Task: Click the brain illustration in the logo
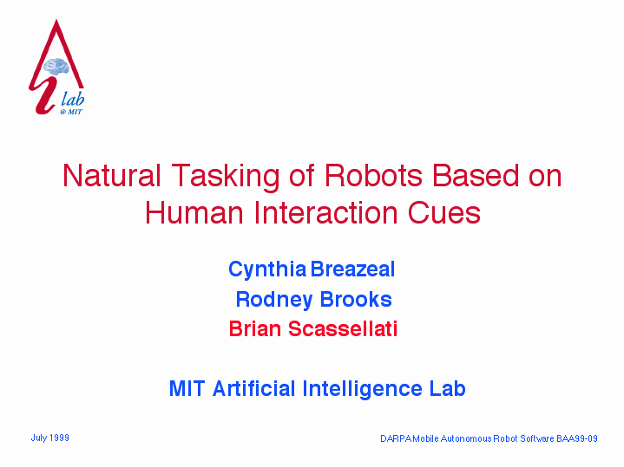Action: point(56,67)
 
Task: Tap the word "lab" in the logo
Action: point(73,98)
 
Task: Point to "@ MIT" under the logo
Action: point(71,112)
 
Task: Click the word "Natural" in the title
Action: point(112,175)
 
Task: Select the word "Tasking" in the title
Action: point(226,176)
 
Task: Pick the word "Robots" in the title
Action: point(373,175)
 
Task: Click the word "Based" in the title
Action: point(476,175)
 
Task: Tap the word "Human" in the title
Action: point(194,212)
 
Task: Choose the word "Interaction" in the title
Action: point(325,212)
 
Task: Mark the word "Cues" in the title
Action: point(444,212)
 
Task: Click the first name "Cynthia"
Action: point(267,270)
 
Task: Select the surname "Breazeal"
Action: point(352,269)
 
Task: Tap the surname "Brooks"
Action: point(356,299)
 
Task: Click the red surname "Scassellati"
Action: point(343,329)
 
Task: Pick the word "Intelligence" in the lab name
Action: point(362,389)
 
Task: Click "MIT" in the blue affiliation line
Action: point(187,388)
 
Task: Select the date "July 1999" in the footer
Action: point(50,438)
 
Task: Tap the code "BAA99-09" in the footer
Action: point(577,438)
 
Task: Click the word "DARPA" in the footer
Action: point(396,438)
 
